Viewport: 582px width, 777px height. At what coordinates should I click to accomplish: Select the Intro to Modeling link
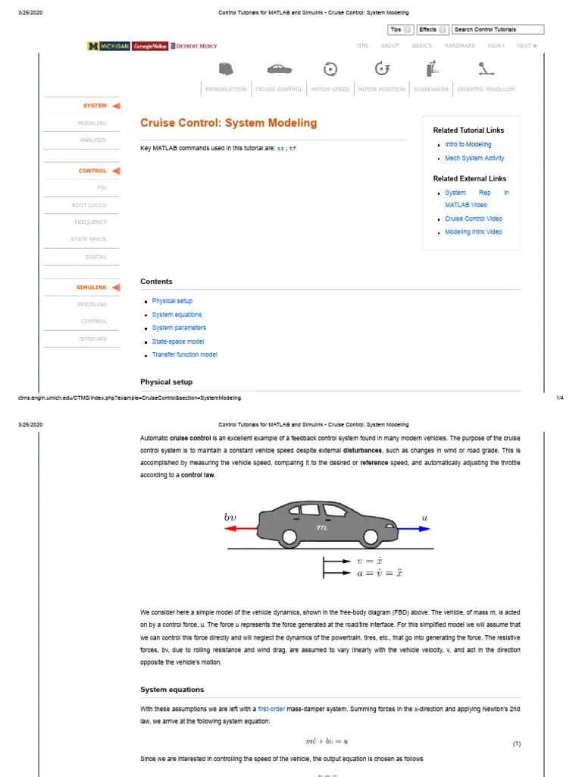pyautogui.click(x=468, y=144)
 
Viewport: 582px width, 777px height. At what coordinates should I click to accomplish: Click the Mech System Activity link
pyautogui.click(x=474, y=158)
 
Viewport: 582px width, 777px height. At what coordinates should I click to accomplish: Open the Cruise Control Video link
pyautogui.click(x=474, y=219)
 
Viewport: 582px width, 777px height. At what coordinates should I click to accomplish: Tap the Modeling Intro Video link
pyautogui.click(x=473, y=232)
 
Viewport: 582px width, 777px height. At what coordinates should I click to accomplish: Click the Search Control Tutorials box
pyautogui.click(x=498, y=30)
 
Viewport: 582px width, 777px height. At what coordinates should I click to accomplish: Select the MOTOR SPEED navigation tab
pyautogui.click(x=330, y=90)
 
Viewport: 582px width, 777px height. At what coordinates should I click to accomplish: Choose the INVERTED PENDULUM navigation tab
pyautogui.click(x=486, y=90)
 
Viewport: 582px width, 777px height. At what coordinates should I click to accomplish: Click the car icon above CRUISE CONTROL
pyautogui.click(x=278, y=69)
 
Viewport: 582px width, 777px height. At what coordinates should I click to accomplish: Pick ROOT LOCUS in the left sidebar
pyautogui.click(x=89, y=205)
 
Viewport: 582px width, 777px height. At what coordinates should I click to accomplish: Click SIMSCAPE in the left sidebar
pyautogui.click(x=93, y=338)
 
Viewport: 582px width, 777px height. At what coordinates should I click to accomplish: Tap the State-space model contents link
pyautogui.click(x=178, y=341)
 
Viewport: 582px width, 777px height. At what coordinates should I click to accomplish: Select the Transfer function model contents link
pyautogui.click(x=184, y=355)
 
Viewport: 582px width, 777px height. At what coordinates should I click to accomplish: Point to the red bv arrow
pyautogui.click(x=241, y=529)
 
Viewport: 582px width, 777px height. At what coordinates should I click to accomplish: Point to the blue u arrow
pyautogui.click(x=415, y=529)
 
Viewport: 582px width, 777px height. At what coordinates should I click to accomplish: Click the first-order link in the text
pyautogui.click(x=271, y=709)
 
